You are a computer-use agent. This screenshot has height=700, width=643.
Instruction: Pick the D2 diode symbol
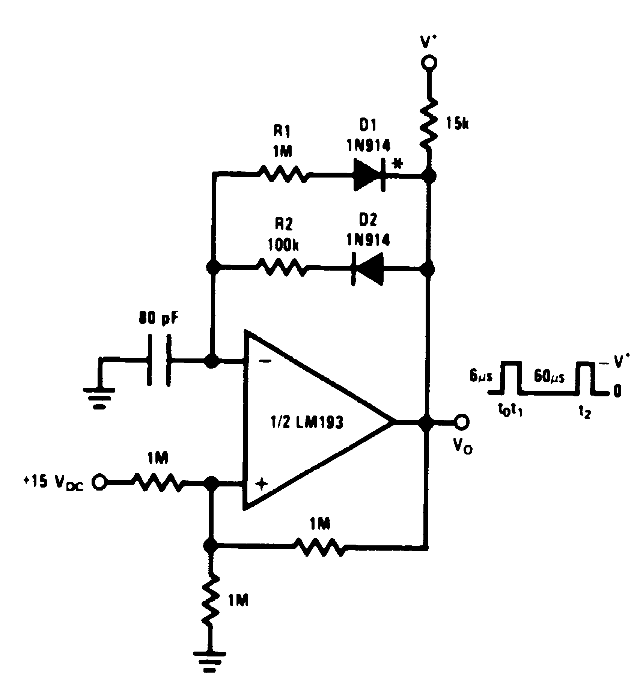[367, 269]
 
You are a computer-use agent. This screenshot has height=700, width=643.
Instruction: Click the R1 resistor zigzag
[282, 175]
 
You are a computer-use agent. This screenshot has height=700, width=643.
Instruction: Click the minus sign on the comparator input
[265, 361]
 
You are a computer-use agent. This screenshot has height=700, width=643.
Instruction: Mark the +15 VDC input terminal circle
[99, 482]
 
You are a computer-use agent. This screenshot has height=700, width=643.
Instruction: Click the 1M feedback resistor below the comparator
[319, 546]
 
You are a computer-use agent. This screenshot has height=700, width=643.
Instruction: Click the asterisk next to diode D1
[398, 164]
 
